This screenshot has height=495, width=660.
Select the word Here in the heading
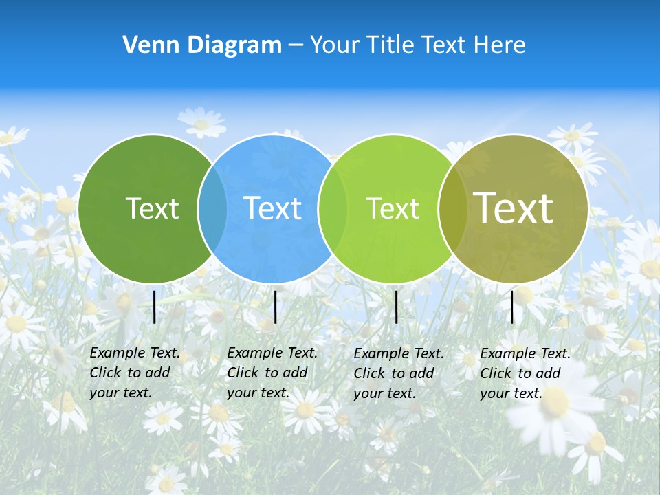498,45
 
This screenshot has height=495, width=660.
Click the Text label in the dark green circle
152,208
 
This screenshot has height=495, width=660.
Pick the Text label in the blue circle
272,208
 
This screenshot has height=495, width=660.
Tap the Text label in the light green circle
393,208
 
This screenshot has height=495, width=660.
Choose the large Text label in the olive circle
514,208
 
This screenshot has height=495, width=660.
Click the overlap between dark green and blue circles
212,209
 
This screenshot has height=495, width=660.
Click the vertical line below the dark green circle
155,307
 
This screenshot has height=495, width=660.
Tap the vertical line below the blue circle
275,307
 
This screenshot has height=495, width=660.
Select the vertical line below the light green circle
397,307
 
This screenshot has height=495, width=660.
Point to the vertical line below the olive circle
512,307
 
